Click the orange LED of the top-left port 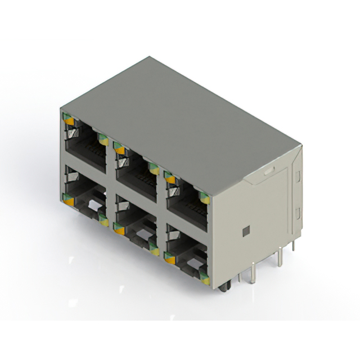(x=69, y=120)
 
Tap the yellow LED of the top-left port (x=103, y=140)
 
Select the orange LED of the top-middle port (x=119, y=150)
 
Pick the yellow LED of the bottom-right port (x=205, y=279)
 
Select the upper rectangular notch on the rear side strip (x=297, y=177)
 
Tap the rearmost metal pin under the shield (x=294, y=243)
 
